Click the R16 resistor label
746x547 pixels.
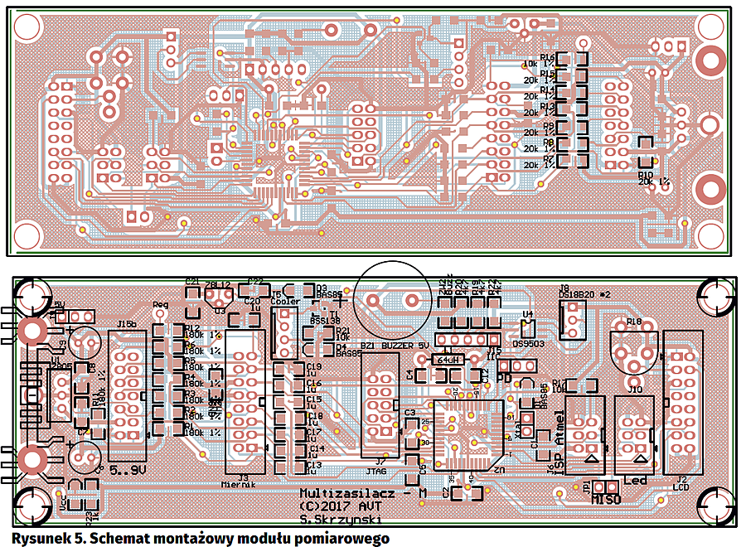click(547, 57)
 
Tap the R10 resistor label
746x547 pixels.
click(646, 175)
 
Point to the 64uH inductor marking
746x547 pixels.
click(448, 359)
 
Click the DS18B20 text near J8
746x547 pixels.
click(579, 294)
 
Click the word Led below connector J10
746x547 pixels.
click(635, 480)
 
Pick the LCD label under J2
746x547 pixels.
click(681, 487)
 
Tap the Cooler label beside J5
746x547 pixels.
click(284, 302)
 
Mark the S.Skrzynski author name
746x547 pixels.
click(341, 520)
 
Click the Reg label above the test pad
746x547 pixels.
click(161, 305)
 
